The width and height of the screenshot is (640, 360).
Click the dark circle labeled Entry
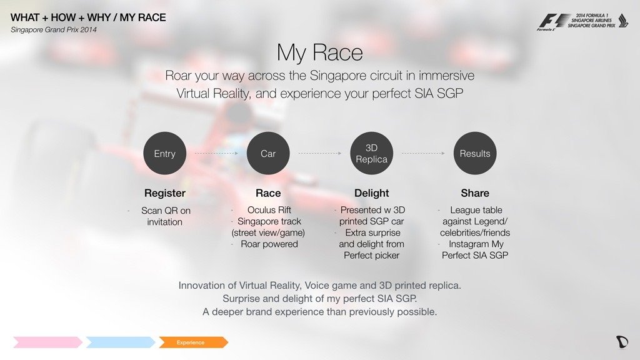coord(164,154)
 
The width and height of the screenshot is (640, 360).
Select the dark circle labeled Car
coord(268,154)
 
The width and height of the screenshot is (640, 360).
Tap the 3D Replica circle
coord(371,154)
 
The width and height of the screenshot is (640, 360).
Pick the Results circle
coord(475,154)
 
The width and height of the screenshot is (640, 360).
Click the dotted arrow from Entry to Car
coord(216,154)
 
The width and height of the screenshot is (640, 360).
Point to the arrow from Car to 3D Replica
coord(320,154)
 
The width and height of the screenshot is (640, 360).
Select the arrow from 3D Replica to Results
coord(423,154)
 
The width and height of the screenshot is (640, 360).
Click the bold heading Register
coord(165,193)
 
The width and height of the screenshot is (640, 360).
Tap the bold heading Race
coord(268,193)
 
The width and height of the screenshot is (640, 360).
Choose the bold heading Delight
coord(371,193)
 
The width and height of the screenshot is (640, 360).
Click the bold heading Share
coord(475,193)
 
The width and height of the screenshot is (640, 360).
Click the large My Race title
coord(319,52)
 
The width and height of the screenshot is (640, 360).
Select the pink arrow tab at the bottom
coord(47,342)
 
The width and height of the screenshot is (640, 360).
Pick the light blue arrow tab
coord(121,342)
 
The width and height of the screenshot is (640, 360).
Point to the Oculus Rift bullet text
coord(269,210)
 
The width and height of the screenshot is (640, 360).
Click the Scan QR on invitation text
coord(165,216)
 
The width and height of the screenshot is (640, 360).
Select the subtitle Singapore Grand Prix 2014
coord(54,30)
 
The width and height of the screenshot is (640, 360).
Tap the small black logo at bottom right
coord(622,342)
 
